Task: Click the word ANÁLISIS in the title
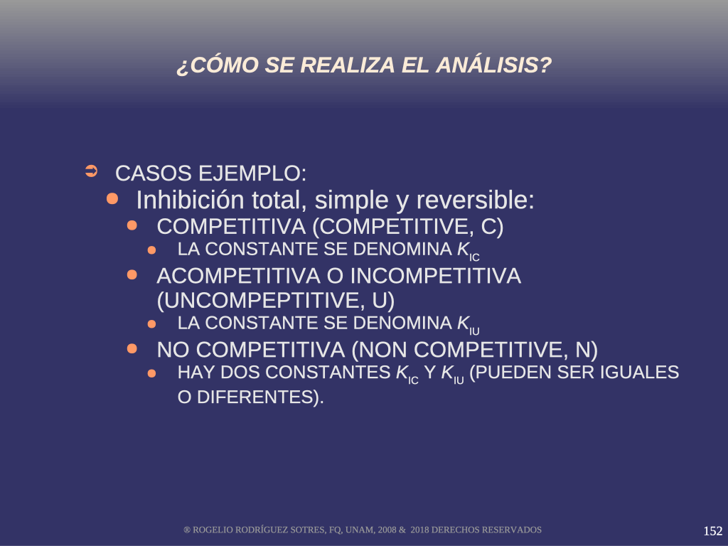493,65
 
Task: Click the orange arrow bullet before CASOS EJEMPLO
92,171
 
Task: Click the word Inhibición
190,200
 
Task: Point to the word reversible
475,200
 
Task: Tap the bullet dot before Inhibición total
112,199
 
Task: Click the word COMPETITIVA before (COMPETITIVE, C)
231,227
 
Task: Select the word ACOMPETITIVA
239,276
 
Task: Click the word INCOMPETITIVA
436,276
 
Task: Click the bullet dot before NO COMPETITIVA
132,348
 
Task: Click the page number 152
712,530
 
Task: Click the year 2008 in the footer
387,530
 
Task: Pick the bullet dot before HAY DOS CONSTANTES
152,373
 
